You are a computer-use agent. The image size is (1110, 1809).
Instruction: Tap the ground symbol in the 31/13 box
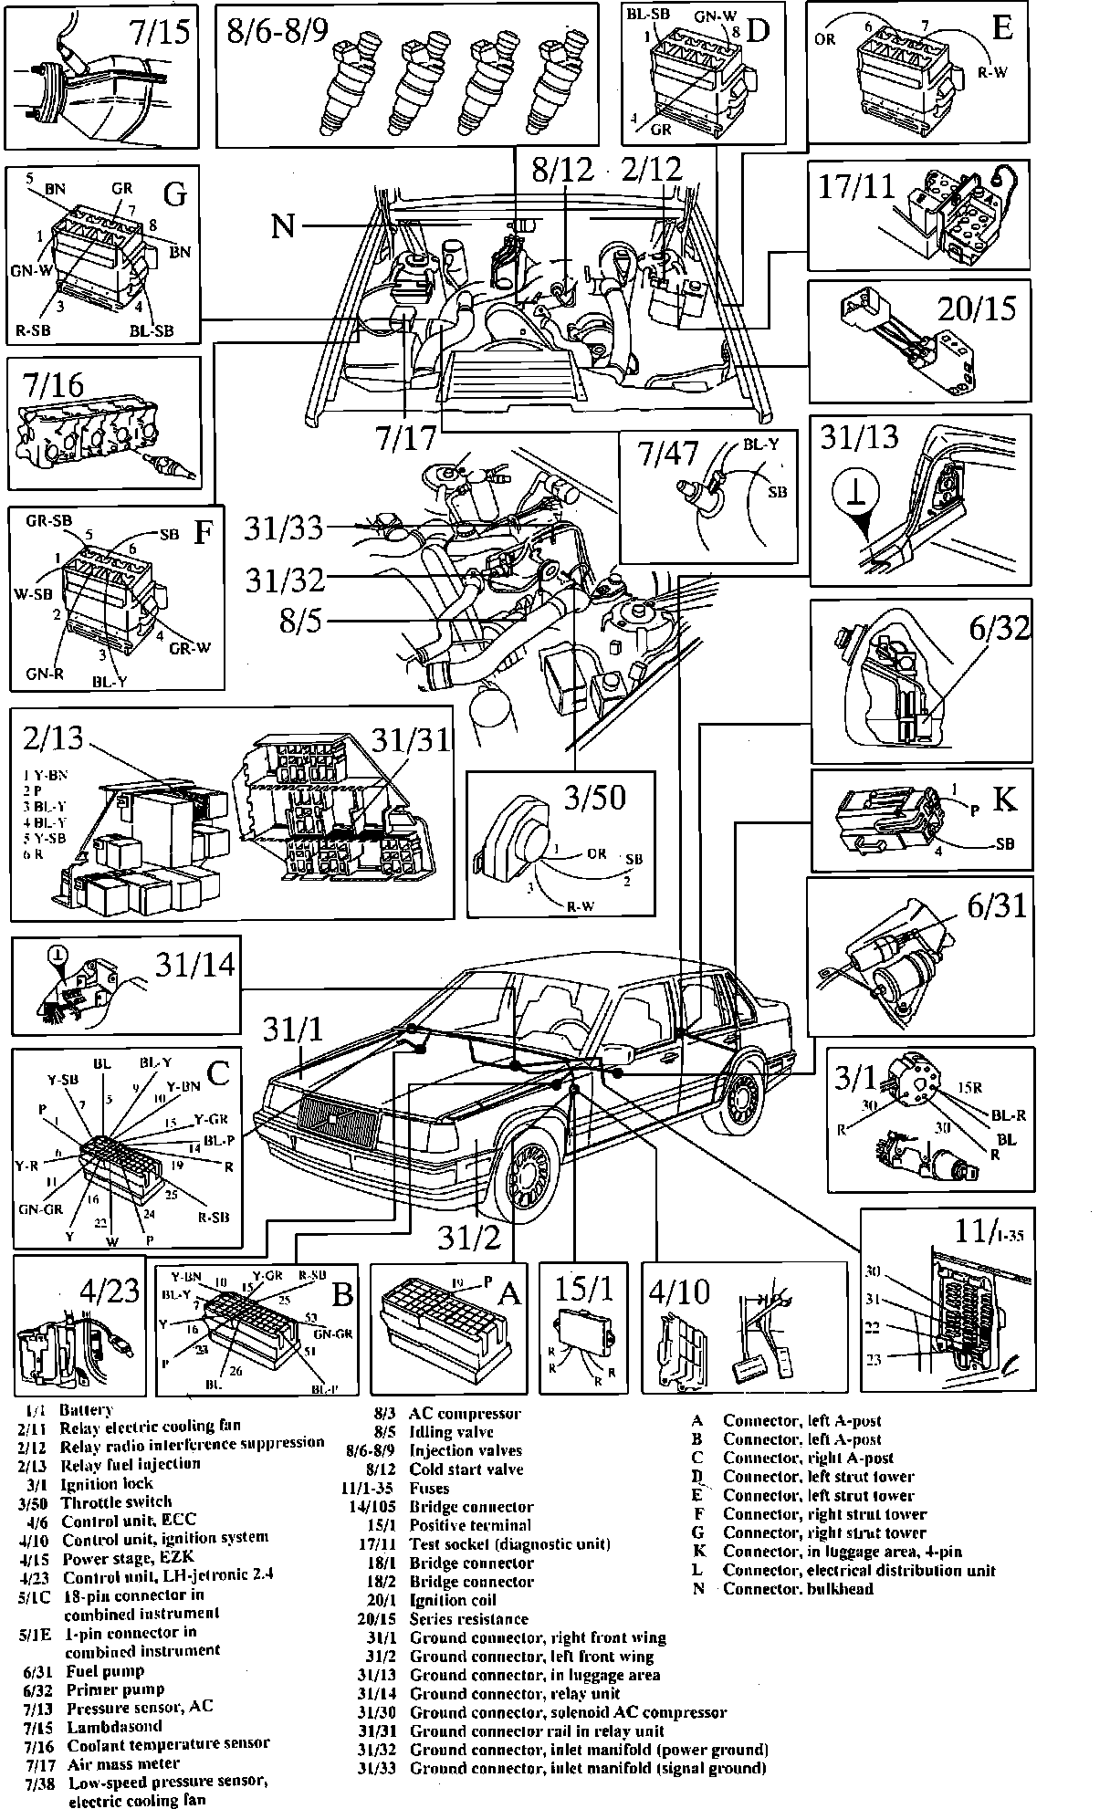pos(855,497)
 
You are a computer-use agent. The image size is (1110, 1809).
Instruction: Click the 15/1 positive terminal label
pos(584,1291)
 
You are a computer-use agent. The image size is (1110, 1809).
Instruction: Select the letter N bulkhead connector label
pos(283,224)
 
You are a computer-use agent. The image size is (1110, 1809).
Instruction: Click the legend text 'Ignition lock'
pos(107,1483)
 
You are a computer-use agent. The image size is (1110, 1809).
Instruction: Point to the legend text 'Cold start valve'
pos(466,1469)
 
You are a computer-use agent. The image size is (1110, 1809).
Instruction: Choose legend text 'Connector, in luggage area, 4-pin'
pos(842,1551)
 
